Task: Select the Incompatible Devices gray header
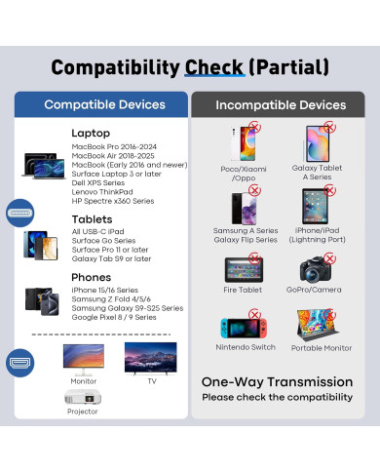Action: click(280, 104)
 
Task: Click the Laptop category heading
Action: click(90, 133)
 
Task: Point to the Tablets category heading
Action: click(91, 218)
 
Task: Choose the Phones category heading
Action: click(91, 276)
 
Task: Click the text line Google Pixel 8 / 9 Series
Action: click(115, 317)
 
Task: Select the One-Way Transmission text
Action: click(277, 382)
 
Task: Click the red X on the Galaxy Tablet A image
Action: click(329, 127)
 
